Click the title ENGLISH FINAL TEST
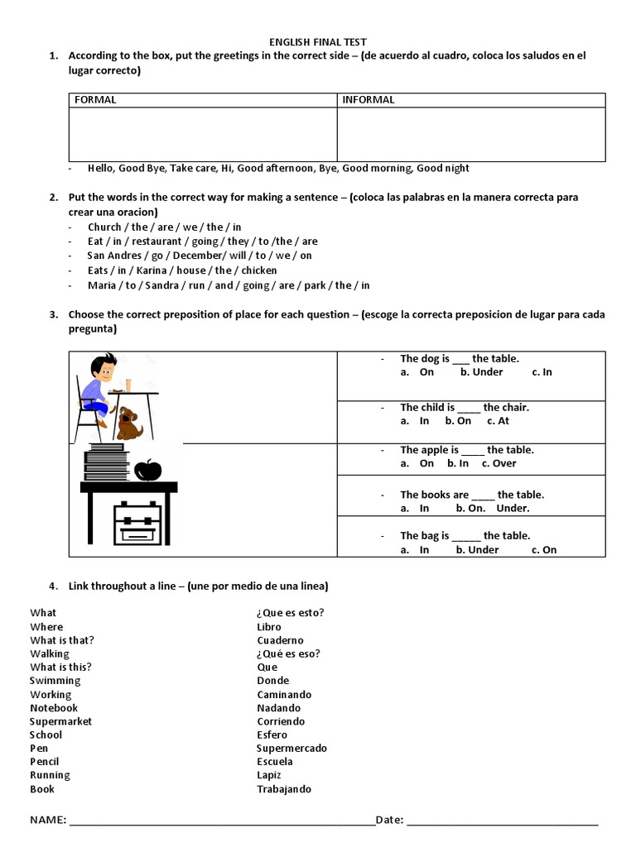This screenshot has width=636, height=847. [318, 41]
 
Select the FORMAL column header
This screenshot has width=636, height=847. [95, 100]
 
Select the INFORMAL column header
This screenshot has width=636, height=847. [368, 100]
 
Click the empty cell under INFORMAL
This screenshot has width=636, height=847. [470, 133]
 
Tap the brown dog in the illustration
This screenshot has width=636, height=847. [129, 422]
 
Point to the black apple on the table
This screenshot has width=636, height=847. [147, 470]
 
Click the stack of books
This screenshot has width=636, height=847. [105, 462]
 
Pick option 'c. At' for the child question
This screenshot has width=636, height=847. [498, 421]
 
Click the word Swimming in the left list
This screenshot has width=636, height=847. [55, 681]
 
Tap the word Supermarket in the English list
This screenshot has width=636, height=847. [61, 721]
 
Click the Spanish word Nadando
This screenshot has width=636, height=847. [279, 708]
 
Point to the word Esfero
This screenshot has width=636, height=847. [272, 735]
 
